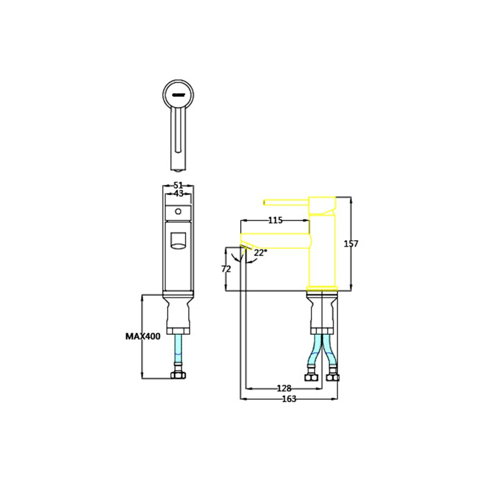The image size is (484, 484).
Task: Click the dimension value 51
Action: (178, 185)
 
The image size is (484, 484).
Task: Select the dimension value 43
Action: (178, 194)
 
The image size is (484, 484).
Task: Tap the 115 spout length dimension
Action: (274, 221)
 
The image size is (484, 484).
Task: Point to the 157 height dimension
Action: (358, 244)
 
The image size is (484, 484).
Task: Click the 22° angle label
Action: (260, 253)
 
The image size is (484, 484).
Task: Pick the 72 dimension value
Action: (226, 270)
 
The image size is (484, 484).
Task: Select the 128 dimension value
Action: (284, 388)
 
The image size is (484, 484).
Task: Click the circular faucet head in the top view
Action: (178, 93)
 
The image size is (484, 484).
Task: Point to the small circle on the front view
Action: (178, 211)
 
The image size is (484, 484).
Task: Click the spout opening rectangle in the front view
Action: (178, 240)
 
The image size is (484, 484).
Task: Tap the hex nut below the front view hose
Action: (178, 375)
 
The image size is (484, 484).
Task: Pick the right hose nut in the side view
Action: (333, 376)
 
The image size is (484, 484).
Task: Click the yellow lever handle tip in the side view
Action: (266, 202)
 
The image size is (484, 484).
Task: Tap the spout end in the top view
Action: (178, 166)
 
